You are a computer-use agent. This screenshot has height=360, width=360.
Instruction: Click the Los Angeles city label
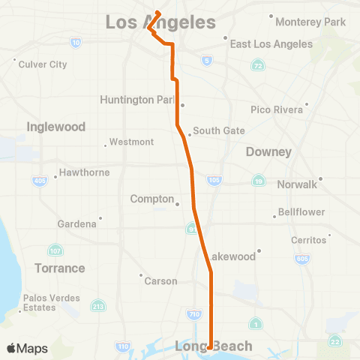pos(160,22)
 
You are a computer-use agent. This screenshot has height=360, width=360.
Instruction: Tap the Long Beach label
pos(213,346)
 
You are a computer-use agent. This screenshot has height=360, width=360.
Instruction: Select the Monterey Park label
pos(310,22)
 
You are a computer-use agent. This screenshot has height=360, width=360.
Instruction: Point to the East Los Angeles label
pos(271,43)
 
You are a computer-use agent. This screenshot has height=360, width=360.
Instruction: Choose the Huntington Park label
pos(140,99)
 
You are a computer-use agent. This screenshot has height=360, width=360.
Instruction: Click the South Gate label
pos(218,130)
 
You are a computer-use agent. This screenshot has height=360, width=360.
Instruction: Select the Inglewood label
pos(56,127)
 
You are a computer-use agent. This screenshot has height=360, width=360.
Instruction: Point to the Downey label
pos(268,151)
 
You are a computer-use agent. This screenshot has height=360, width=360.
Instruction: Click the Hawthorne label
pos(85,172)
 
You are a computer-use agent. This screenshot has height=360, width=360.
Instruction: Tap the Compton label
pos(152,199)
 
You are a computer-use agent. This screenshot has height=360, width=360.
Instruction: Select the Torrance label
pos(59,268)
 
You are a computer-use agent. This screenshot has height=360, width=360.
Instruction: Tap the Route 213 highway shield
pos(97,305)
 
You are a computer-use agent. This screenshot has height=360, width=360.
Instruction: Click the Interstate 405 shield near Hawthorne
pos(39,181)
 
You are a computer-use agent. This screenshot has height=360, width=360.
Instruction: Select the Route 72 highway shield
pos(258,67)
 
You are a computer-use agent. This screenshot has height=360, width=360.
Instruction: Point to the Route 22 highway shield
pos(334,342)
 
